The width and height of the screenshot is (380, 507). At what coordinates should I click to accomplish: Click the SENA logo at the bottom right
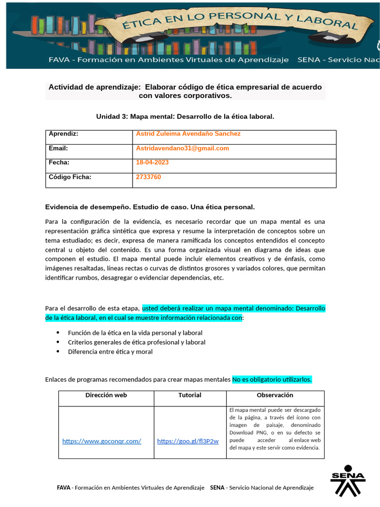(347, 480)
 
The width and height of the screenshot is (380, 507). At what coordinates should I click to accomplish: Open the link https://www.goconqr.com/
(101, 441)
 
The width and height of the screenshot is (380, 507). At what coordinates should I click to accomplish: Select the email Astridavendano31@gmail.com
(183, 148)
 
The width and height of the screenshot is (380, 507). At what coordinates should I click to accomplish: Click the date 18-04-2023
(152, 162)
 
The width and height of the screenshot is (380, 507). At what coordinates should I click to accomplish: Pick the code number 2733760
(148, 177)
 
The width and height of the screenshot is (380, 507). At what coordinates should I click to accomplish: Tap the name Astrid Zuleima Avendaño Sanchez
(188, 134)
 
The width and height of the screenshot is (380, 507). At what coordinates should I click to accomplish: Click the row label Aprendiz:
(63, 134)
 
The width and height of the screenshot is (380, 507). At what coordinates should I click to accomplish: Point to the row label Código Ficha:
(70, 177)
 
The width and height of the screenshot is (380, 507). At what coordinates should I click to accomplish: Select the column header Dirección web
(106, 395)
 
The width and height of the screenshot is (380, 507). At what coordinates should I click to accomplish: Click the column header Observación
(275, 395)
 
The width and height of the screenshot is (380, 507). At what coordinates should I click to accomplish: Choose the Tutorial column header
(190, 395)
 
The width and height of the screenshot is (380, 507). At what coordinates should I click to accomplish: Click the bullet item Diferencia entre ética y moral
(110, 352)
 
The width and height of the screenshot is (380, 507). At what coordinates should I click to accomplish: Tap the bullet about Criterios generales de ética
(137, 342)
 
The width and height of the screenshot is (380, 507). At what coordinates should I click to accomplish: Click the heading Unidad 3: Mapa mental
(185, 116)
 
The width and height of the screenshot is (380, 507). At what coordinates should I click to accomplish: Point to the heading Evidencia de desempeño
(149, 206)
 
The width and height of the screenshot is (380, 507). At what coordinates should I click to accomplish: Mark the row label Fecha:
(59, 162)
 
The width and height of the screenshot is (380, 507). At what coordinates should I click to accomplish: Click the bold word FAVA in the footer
(64, 488)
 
